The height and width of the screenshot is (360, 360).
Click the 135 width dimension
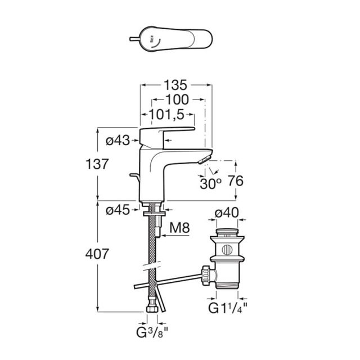coord(175,85)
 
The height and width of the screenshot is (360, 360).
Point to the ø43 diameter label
coord(118,141)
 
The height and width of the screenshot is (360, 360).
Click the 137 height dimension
coord(97,164)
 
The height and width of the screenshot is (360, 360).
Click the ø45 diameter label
coord(118,210)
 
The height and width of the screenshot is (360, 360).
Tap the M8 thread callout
coord(179,228)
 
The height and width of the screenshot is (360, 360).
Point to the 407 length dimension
coord(97,254)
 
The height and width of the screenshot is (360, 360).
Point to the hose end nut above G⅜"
coord(151,309)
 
